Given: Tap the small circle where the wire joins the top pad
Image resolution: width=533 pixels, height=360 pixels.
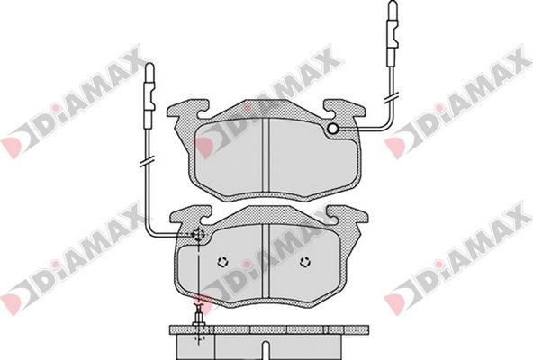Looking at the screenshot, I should click(333, 130).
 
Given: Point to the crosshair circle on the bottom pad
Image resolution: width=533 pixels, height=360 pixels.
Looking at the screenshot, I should click(198, 236).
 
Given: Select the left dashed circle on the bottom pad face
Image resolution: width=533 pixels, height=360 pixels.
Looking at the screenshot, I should click(223, 262).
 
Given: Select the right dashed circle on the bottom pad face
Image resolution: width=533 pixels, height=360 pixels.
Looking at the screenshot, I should click(304, 262).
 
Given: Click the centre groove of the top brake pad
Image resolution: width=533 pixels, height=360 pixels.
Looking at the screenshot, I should click(269, 153).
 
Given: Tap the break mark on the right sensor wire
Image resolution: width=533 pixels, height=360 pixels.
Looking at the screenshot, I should click(392, 93).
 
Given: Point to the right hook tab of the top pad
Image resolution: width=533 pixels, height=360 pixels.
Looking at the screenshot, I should click(345, 112).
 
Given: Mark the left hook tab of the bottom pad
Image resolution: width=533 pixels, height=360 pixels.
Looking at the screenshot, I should click(188, 217).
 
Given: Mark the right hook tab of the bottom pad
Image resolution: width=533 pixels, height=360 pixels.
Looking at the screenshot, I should click(347, 217).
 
